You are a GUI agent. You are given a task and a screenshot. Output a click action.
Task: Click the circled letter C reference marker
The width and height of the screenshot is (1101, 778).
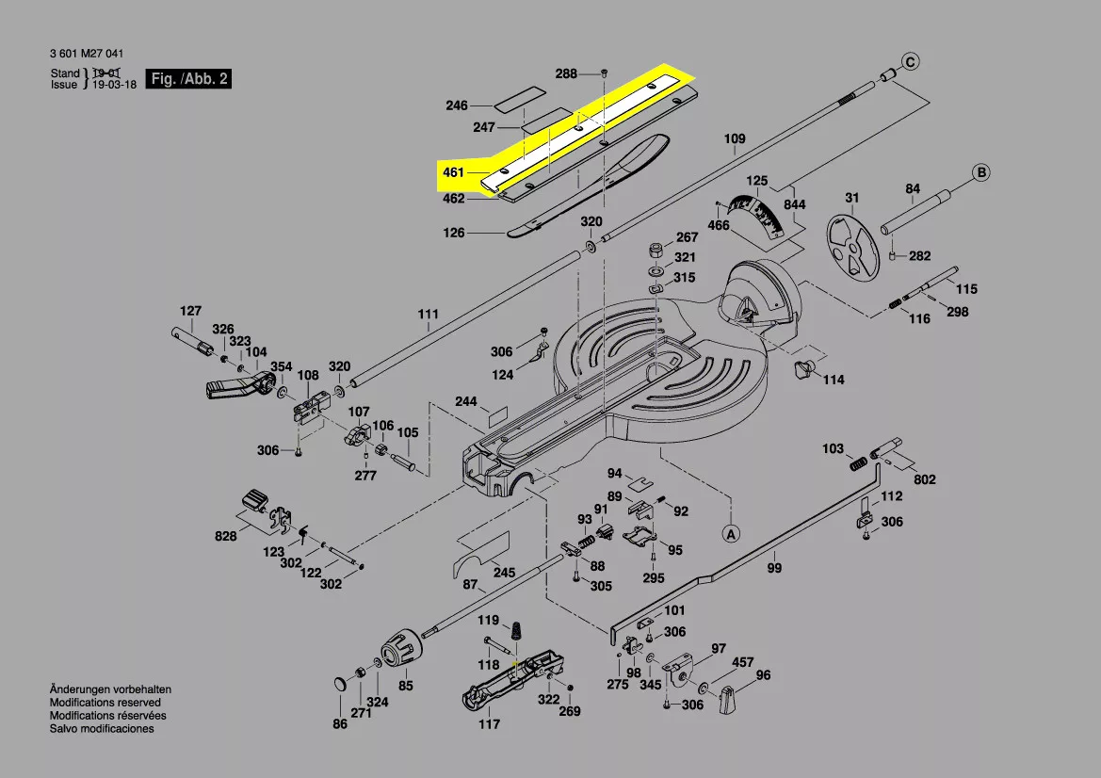[910, 63]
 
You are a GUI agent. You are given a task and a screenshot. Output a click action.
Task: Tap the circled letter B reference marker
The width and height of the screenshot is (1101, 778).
[981, 172]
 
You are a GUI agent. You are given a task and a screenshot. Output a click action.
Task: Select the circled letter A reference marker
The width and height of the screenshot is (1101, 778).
[730, 533]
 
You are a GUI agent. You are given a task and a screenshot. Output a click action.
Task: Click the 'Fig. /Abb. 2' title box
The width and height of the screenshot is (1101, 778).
[189, 79]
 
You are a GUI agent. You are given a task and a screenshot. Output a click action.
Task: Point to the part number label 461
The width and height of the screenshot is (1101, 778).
[453, 172]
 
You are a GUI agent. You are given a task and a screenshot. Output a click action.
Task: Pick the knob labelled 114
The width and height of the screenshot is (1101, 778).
[804, 369]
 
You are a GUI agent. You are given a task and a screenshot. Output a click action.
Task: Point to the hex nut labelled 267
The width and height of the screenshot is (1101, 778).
[653, 251]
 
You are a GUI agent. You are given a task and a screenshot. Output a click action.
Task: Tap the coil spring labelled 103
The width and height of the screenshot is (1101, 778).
[858, 463]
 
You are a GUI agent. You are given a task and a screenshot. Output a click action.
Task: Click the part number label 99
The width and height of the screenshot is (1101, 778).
[774, 568]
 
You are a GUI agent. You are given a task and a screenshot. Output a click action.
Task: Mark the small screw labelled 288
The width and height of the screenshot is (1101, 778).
[605, 73]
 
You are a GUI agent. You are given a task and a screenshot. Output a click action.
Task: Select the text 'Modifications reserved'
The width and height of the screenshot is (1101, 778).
[105, 703]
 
